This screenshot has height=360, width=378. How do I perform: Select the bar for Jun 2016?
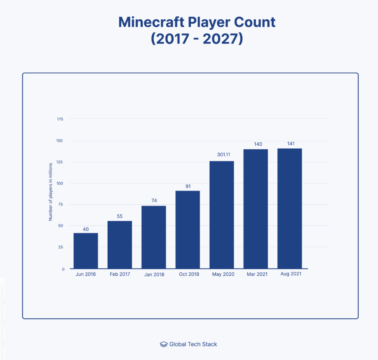(85, 251)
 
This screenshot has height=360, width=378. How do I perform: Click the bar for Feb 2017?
(120, 245)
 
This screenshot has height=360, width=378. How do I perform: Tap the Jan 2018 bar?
(153, 237)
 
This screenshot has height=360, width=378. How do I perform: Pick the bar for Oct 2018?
(188, 230)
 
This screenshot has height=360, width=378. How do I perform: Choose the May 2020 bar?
(222, 215)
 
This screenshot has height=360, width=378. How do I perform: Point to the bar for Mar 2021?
(255, 209)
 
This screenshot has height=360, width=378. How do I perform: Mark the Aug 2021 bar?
(290, 209)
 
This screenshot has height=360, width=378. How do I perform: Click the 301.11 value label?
(222, 155)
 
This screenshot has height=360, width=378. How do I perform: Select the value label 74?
(153, 200)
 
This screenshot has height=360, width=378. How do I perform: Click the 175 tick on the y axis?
(60, 119)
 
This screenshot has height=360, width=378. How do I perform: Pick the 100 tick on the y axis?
(60, 184)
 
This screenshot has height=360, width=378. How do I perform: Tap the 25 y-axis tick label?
(61, 247)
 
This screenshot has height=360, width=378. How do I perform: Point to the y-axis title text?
(51, 191)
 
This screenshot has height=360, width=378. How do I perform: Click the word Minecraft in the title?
(151, 22)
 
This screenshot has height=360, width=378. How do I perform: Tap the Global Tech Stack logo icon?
(164, 344)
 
